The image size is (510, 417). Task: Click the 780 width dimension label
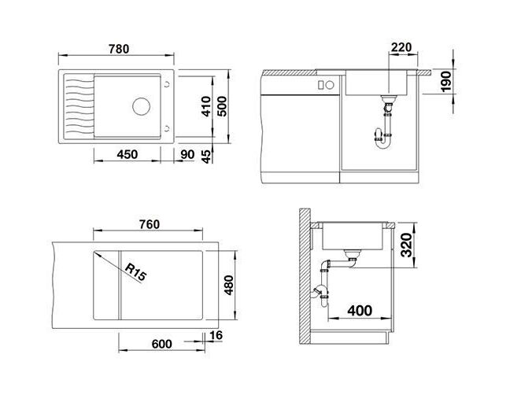click(x=119, y=49)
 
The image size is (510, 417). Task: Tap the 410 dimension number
click(x=206, y=106)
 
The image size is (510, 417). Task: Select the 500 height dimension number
click(x=222, y=106)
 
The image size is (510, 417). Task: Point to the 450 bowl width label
click(x=128, y=154)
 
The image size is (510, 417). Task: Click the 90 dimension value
click(x=187, y=154)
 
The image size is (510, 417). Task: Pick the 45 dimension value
click(x=206, y=157)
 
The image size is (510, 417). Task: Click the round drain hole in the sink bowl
click(x=142, y=106)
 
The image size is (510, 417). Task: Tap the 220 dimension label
click(x=401, y=47)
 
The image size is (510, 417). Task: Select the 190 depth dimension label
click(x=446, y=81)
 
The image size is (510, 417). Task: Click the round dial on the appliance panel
click(x=330, y=85)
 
